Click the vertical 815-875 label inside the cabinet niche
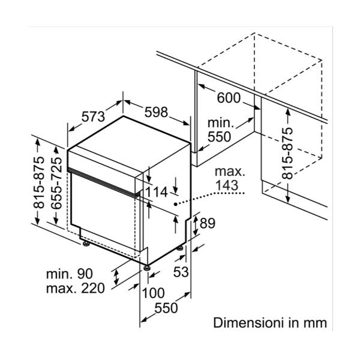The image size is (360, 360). click(x=288, y=153)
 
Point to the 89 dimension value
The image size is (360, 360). click(x=207, y=223)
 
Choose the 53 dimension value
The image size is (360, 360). click(x=181, y=272)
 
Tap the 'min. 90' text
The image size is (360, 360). click(x=69, y=274)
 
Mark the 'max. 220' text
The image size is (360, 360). click(x=74, y=288)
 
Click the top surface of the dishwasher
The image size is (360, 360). click(x=129, y=133)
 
